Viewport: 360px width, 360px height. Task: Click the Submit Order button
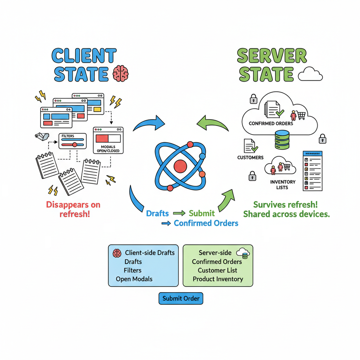point(181,298)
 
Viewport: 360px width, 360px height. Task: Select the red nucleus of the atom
point(180,165)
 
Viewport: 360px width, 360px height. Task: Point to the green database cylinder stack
point(282,139)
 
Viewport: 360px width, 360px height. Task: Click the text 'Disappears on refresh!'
point(73,210)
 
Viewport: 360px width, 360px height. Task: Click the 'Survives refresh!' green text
point(285,205)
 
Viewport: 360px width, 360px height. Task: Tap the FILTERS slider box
point(72,142)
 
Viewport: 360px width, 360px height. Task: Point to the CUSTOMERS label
point(250,157)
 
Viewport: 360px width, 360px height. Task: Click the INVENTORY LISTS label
point(283,184)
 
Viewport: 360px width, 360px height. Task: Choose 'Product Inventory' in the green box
point(218,279)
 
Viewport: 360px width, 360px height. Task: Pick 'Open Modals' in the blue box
point(134,279)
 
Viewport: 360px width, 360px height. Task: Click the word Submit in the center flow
point(202,213)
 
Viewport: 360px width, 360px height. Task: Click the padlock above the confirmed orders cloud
point(253,99)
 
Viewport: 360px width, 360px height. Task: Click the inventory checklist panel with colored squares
point(312,171)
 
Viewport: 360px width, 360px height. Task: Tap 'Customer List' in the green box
point(217,270)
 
